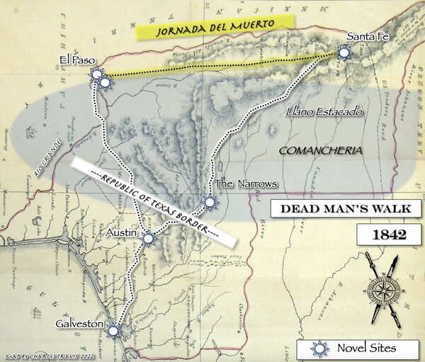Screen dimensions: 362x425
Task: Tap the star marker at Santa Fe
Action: click(x=344, y=52)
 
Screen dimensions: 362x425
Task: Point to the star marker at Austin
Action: click(x=147, y=239)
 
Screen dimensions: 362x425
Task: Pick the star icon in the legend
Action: click(x=321, y=348)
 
